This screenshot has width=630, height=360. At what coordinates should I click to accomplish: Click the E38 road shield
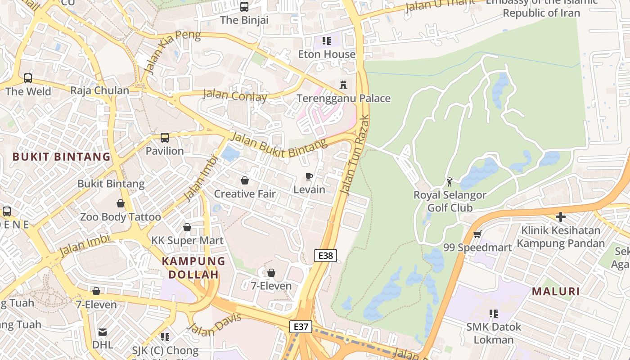click(325, 256)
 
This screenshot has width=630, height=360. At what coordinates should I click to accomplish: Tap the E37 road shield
click(300, 327)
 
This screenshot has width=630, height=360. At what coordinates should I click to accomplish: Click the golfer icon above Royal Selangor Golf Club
click(450, 182)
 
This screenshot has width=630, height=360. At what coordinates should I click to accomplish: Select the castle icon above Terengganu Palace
click(343, 85)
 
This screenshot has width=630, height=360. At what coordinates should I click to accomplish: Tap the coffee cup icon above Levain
click(309, 176)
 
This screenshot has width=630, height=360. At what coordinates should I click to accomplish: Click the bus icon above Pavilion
click(165, 137)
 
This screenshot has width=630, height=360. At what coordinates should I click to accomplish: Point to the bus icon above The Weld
click(28, 78)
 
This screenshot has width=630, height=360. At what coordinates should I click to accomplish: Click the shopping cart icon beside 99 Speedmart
click(477, 234)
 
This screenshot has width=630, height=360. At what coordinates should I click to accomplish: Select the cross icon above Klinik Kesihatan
click(560, 217)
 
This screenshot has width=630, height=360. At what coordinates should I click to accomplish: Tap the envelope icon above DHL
click(103, 332)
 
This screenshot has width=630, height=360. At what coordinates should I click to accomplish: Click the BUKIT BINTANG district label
click(61, 157)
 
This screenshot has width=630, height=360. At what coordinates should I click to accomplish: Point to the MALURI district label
click(556, 291)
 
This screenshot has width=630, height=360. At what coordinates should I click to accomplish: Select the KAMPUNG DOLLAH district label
click(193, 267)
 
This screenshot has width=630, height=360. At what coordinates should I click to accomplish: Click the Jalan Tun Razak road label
click(355, 155)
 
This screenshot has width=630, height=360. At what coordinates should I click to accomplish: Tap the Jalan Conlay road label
click(235, 95)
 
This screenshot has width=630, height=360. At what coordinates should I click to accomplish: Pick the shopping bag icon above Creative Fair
click(245, 180)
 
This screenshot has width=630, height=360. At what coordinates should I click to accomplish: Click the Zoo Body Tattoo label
click(120, 217)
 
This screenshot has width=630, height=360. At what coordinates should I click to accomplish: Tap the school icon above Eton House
click(327, 41)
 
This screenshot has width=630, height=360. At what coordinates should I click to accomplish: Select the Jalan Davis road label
click(215, 324)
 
